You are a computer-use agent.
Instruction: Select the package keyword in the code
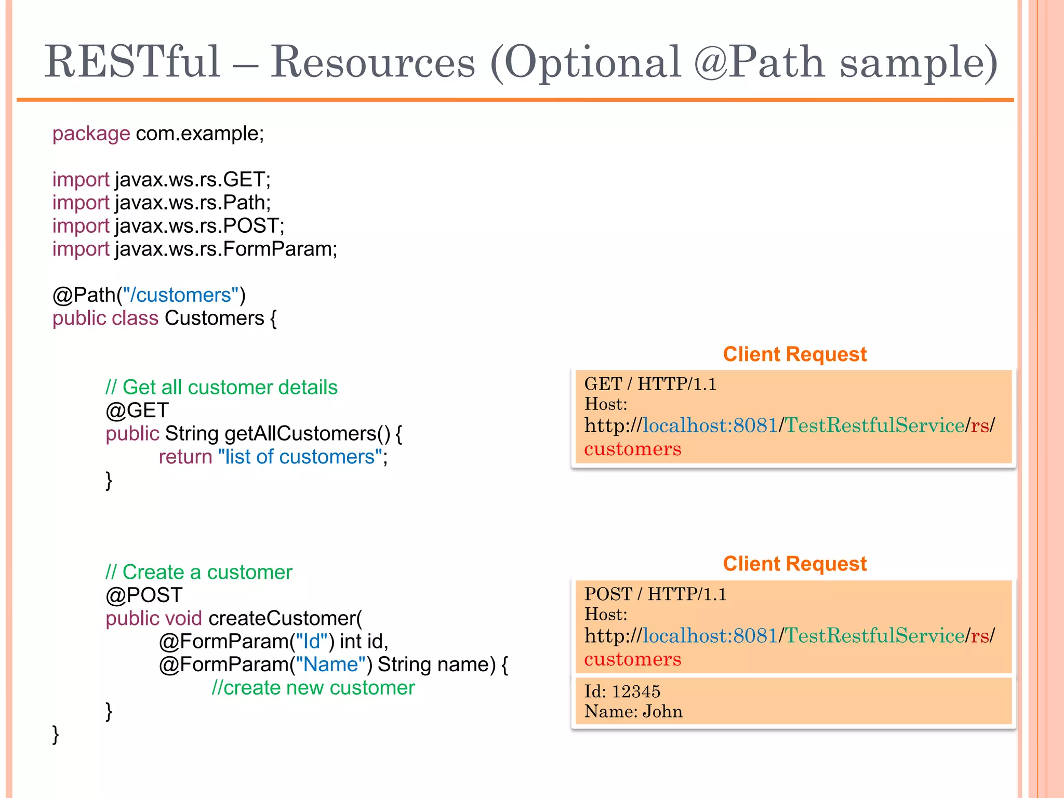91,134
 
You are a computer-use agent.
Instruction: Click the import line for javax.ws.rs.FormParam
195,249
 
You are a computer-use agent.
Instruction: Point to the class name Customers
214,318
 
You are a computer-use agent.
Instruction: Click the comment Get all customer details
221,388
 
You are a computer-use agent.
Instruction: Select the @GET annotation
137,411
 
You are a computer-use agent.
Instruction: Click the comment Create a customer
198,573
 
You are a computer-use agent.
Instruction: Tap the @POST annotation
144,595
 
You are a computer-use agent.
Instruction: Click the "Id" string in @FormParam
312,642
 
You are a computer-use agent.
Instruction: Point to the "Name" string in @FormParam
331,665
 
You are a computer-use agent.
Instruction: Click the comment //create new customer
313,688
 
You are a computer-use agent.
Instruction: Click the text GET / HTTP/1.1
650,384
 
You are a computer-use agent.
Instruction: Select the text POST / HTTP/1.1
655,594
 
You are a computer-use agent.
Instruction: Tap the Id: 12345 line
622,691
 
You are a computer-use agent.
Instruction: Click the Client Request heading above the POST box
794,564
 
